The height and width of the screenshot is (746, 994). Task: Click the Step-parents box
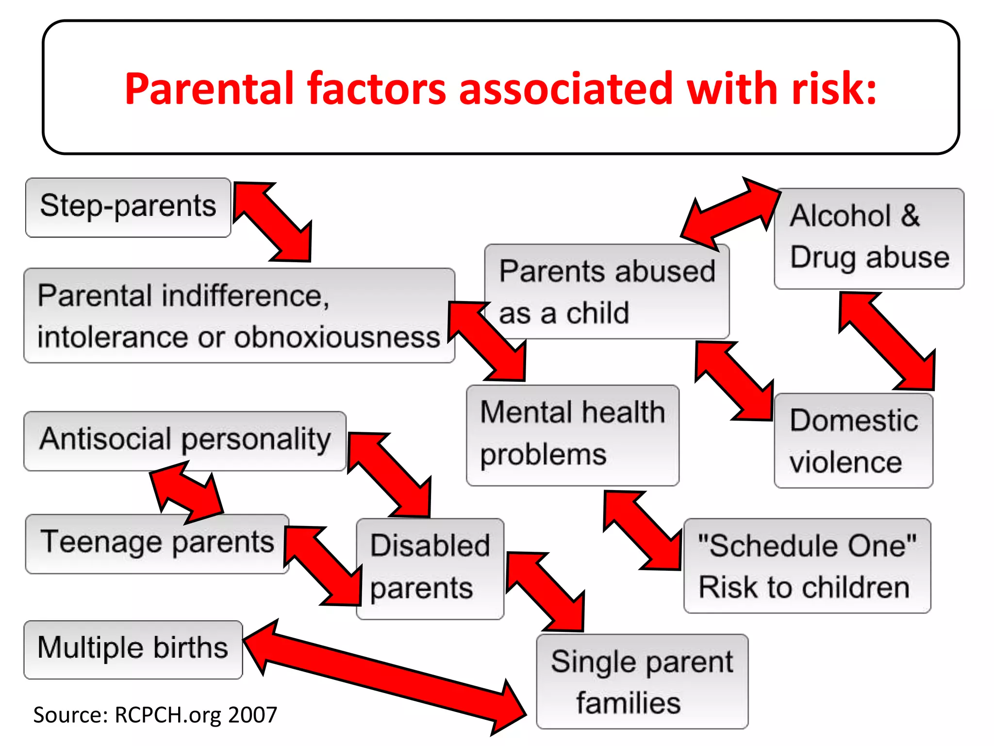point(128,207)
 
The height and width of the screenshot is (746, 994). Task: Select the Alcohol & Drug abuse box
point(869,238)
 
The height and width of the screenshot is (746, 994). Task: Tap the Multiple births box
point(133,649)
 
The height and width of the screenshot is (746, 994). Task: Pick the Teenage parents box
point(157,543)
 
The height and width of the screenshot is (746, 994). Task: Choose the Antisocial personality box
point(185,441)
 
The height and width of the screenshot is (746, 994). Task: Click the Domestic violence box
point(853,441)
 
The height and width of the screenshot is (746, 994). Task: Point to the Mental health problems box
point(572,435)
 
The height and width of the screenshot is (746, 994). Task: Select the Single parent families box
point(642,681)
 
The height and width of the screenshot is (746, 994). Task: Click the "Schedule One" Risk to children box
point(807,566)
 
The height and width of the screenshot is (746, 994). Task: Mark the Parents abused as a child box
point(607,291)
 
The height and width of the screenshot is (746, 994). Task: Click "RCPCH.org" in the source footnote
point(168,715)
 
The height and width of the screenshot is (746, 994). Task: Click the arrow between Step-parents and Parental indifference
point(274,222)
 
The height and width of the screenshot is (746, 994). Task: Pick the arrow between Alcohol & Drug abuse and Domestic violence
point(887,341)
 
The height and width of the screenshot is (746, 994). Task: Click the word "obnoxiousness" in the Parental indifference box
point(337,337)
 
